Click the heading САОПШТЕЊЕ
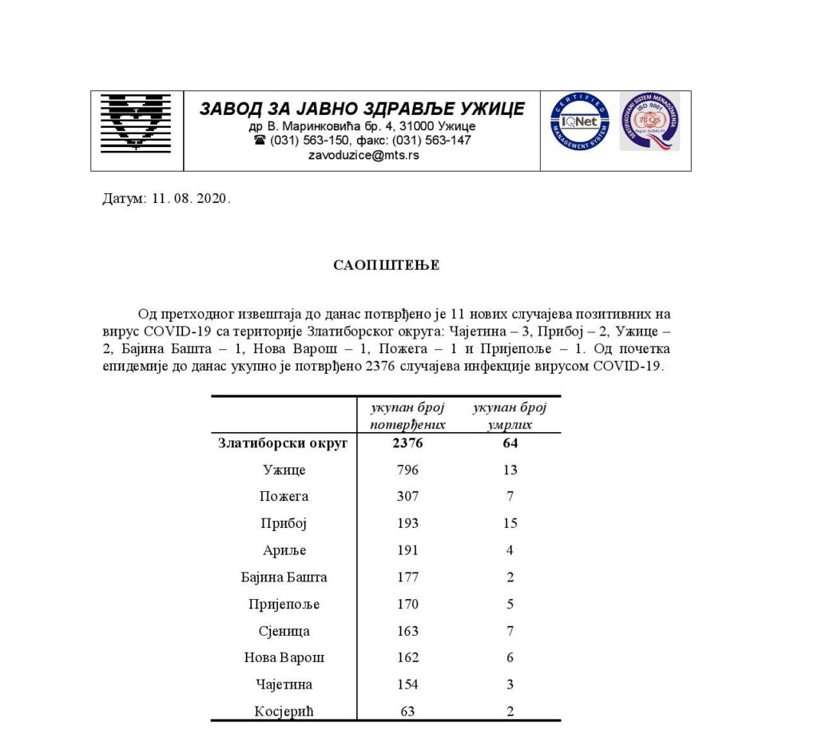coord(386,265)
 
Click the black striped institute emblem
coord(136,123)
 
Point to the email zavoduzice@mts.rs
coord(363,155)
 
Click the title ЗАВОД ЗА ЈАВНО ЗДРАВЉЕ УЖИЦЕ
coord(362,109)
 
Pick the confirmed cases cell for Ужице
coord(407,470)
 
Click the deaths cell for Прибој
coord(510,523)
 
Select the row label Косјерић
coord(285,711)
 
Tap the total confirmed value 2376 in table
coord(407,443)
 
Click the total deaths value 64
coord(510,443)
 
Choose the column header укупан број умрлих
coord(510,416)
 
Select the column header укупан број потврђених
coord(407,416)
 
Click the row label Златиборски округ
coord(283,443)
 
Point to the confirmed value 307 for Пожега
coord(407,496)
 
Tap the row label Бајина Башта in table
coord(284,577)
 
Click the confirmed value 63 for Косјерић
coord(407,711)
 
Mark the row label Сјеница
coord(285,630)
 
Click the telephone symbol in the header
coord(260,140)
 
